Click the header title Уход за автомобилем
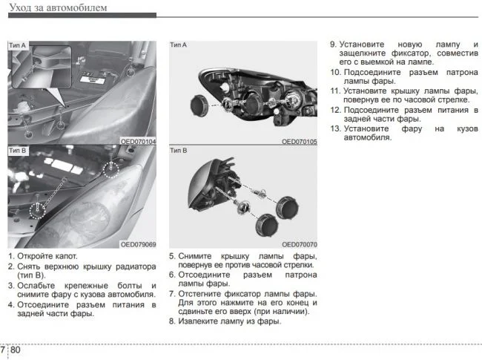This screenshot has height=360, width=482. coord(57,7)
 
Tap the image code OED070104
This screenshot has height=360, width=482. coord(138,141)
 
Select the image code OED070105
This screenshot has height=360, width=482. coord(299,141)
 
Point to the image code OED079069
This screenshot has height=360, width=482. coord(138,244)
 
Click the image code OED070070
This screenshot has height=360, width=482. coord(299,244)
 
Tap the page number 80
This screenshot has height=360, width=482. coord(16,350)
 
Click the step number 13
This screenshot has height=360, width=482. coord(335,128)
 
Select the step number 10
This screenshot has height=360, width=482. coord(335,73)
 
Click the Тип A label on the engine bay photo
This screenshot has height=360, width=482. coord(17,46)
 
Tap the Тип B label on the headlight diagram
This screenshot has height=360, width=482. coord(179,151)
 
